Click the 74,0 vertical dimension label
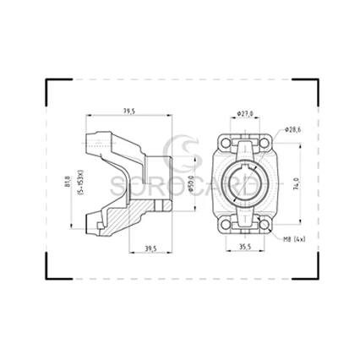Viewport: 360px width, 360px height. coord(295,183)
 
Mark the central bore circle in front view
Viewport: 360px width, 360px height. coord(246,183)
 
